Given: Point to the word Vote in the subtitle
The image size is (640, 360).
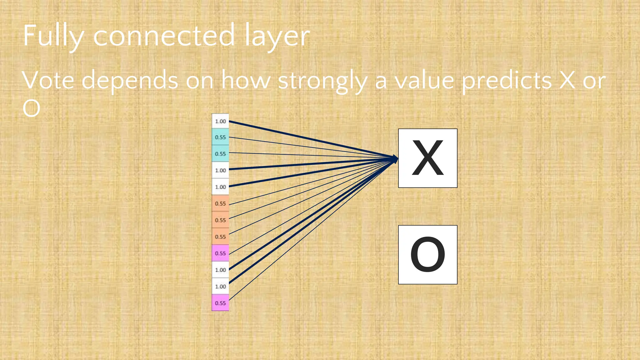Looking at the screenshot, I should coord(48,80).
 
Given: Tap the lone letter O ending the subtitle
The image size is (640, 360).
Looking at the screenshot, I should coord(31,108).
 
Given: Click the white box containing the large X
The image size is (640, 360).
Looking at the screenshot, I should coord(427,158).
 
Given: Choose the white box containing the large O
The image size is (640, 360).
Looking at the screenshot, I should coord(427,255).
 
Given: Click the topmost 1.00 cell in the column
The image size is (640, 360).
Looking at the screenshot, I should coord(220,121).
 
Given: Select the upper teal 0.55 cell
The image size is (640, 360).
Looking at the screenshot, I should coord(220,137).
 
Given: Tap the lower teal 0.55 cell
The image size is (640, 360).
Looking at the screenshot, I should coord(220,154).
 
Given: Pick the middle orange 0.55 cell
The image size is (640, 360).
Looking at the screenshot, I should coord(220,220).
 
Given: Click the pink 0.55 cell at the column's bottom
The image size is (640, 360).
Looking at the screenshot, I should coord(220,303).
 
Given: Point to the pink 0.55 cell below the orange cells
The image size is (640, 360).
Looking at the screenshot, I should coord(220,253).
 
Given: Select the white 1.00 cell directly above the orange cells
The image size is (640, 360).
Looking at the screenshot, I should coord(220,187).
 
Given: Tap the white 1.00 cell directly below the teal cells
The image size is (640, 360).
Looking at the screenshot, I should coord(220,170).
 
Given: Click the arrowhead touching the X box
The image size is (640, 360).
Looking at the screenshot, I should coord(395,159).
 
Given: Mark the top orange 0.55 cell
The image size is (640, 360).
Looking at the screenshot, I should coord(220,203).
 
